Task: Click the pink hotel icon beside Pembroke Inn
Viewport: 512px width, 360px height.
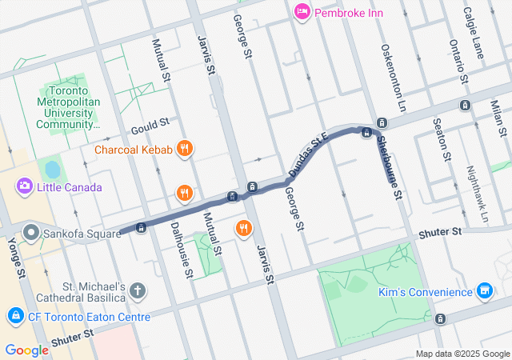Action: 302,12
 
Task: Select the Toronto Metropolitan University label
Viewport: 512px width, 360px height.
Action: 68,107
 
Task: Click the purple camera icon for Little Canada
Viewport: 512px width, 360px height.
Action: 25,187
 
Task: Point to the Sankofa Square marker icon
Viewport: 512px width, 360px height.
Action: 32,232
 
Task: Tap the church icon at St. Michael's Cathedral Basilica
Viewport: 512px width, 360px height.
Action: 138,290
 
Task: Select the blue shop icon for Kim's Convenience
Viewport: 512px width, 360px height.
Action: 483,291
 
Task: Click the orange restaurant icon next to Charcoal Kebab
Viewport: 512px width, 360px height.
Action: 185,149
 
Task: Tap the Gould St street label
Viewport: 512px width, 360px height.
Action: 150,125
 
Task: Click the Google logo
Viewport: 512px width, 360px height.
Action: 26,350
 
